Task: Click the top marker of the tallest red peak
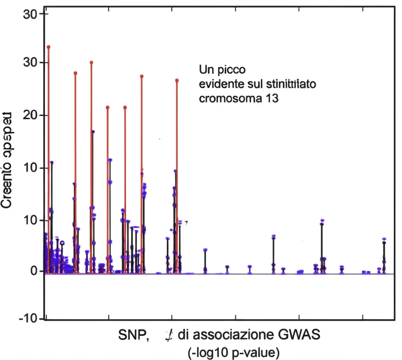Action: click(49, 47)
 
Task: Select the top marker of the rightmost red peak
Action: click(177, 80)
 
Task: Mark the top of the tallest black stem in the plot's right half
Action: click(322, 221)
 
